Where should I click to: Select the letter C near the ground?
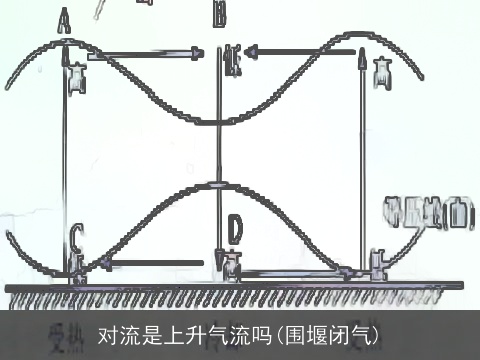[77, 237]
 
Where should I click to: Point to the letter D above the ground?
[233, 232]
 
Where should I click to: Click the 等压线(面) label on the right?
[429, 210]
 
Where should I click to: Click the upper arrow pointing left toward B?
[300, 49]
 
